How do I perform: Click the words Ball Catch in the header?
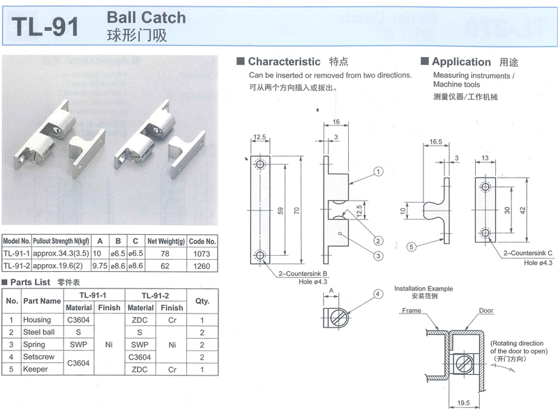coord(146,17)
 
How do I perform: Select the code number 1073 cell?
coord(202,254)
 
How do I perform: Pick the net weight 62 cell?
coord(165,265)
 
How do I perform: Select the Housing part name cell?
coord(37,320)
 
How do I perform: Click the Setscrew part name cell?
coord(38,357)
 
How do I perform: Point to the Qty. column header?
coord(203,302)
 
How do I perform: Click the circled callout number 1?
coord(378,171)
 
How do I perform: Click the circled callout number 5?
coord(412,246)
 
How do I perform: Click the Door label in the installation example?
coord(486,313)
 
